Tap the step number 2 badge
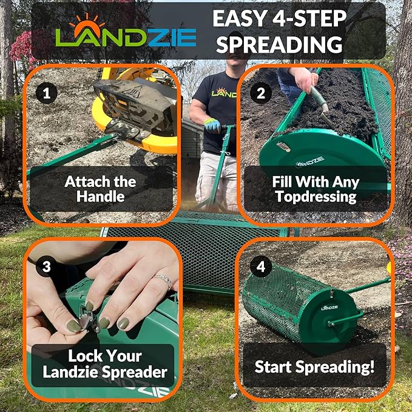click(x=262, y=93)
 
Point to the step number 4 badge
click(x=262, y=268)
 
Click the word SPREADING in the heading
click(x=280, y=44)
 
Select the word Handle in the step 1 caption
click(x=101, y=196)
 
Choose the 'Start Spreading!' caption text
click(x=314, y=366)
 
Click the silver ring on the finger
click(x=163, y=280)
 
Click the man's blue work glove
click(x=212, y=126)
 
